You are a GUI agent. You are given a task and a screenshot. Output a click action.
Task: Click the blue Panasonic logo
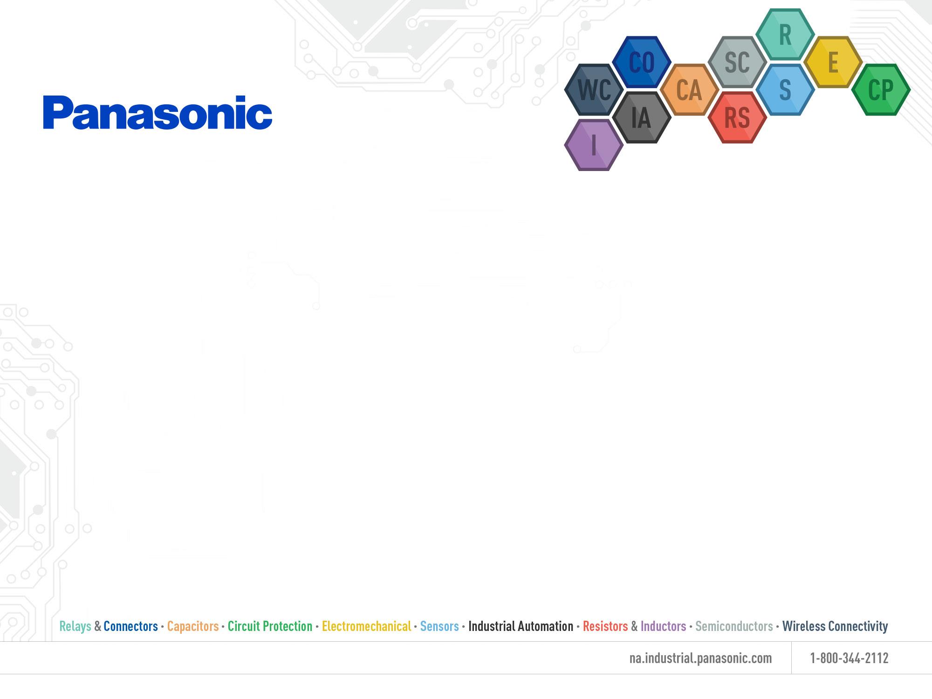point(158,113)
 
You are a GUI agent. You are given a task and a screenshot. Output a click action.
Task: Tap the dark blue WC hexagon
point(594,89)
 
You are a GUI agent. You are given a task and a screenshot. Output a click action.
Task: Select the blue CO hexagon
point(642,62)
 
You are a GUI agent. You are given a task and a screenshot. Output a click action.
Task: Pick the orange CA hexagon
point(689,89)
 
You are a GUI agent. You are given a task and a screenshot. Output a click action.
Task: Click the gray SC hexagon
point(737,62)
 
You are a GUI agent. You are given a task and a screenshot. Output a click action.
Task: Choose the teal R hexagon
point(785,34)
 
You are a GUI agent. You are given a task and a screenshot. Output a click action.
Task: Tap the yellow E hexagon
point(833,62)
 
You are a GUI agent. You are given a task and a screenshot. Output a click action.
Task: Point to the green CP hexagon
point(881,89)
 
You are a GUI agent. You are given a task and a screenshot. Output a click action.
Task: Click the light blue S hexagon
point(785,89)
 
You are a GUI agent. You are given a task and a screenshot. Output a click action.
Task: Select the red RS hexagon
point(737,117)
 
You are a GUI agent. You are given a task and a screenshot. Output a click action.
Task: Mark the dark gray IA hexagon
point(642,117)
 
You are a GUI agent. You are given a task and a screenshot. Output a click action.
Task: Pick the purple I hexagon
point(594,144)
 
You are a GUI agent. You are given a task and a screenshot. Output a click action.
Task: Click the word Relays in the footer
point(75,626)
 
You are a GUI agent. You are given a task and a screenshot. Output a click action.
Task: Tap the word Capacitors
point(193,626)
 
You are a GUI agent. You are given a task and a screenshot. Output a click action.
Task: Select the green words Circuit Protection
point(270,626)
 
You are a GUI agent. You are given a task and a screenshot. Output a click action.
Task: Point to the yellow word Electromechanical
point(366,626)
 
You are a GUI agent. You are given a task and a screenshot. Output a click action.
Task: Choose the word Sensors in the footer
point(439,626)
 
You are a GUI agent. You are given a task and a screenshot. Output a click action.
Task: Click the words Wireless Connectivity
point(835,626)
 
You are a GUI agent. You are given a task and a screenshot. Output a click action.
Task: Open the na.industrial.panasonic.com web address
point(700,658)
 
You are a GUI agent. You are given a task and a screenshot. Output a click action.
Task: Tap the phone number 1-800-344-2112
point(849,658)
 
